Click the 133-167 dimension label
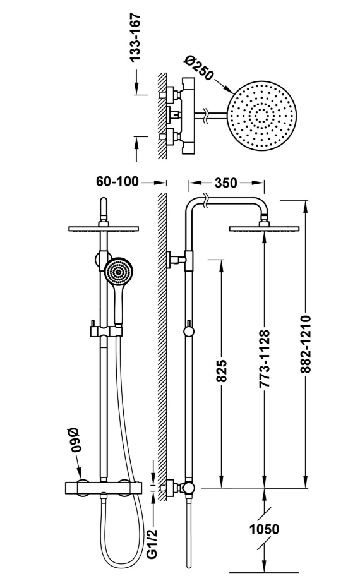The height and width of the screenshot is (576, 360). (x=135, y=37)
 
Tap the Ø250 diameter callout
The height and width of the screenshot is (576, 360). (x=199, y=68)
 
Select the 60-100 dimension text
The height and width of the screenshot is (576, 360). (x=117, y=181)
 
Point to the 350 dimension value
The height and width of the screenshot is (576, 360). (x=226, y=183)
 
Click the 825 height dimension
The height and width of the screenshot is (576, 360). (x=221, y=371)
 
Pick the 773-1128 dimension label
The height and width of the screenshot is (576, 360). (x=265, y=359)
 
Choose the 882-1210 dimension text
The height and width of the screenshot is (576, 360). (x=305, y=344)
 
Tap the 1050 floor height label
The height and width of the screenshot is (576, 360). (x=265, y=529)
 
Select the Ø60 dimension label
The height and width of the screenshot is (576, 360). (x=75, y=440)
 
